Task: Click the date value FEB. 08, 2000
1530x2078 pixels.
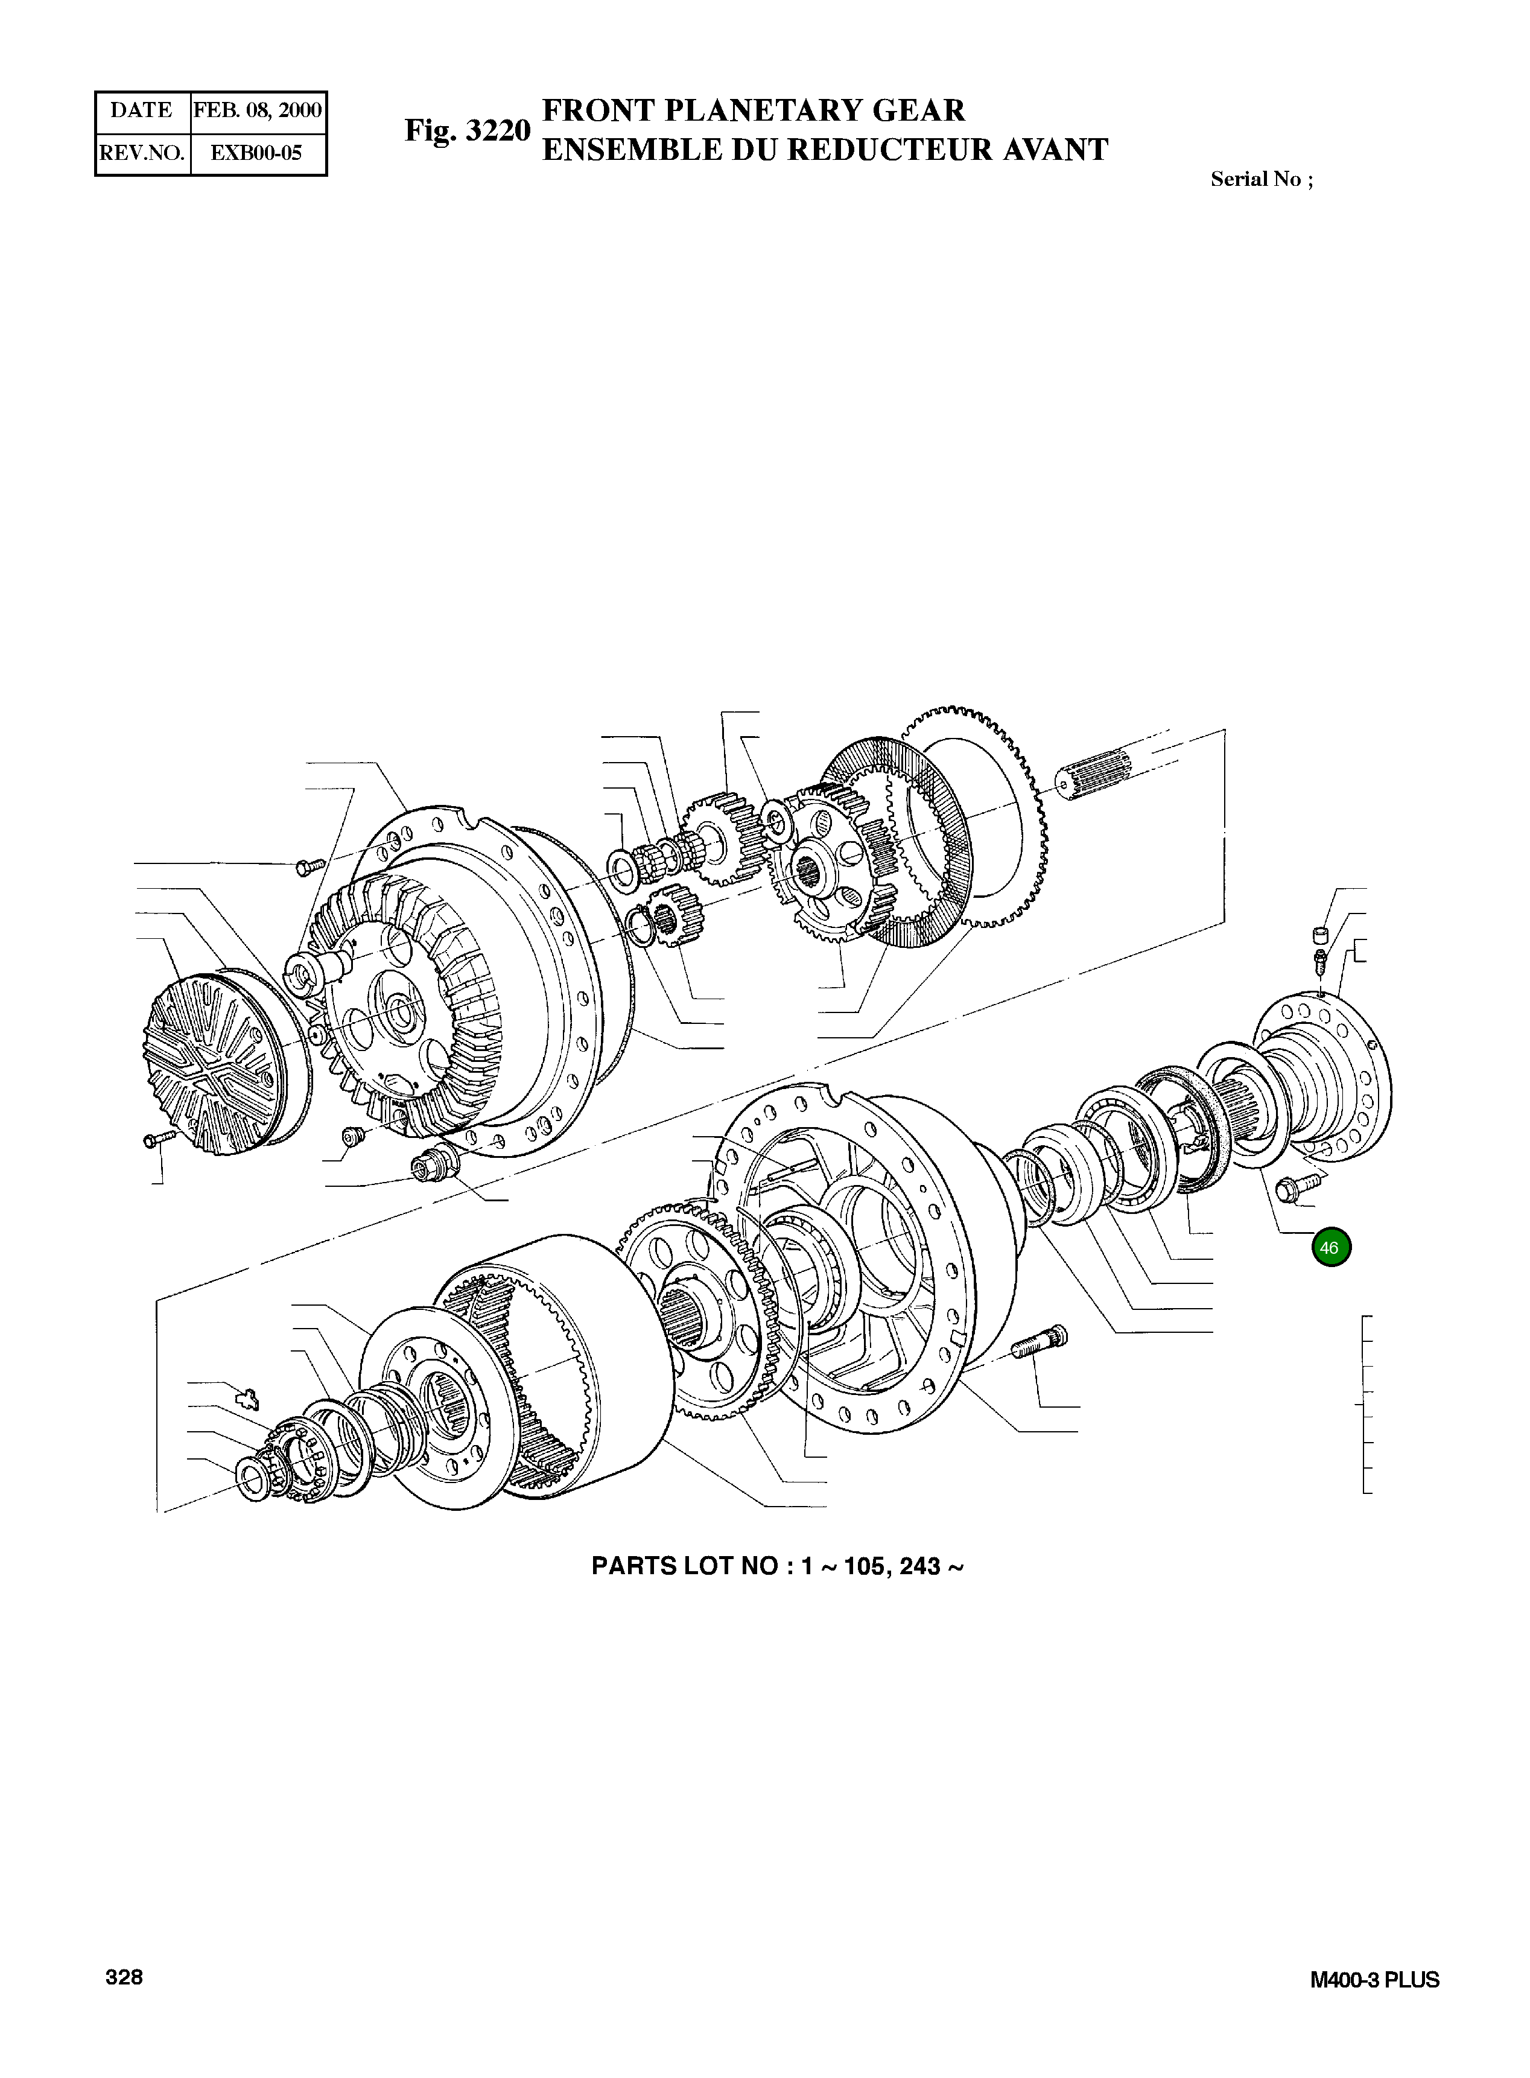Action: click(258, 111)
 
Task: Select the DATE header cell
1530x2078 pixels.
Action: click(142, 111)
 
